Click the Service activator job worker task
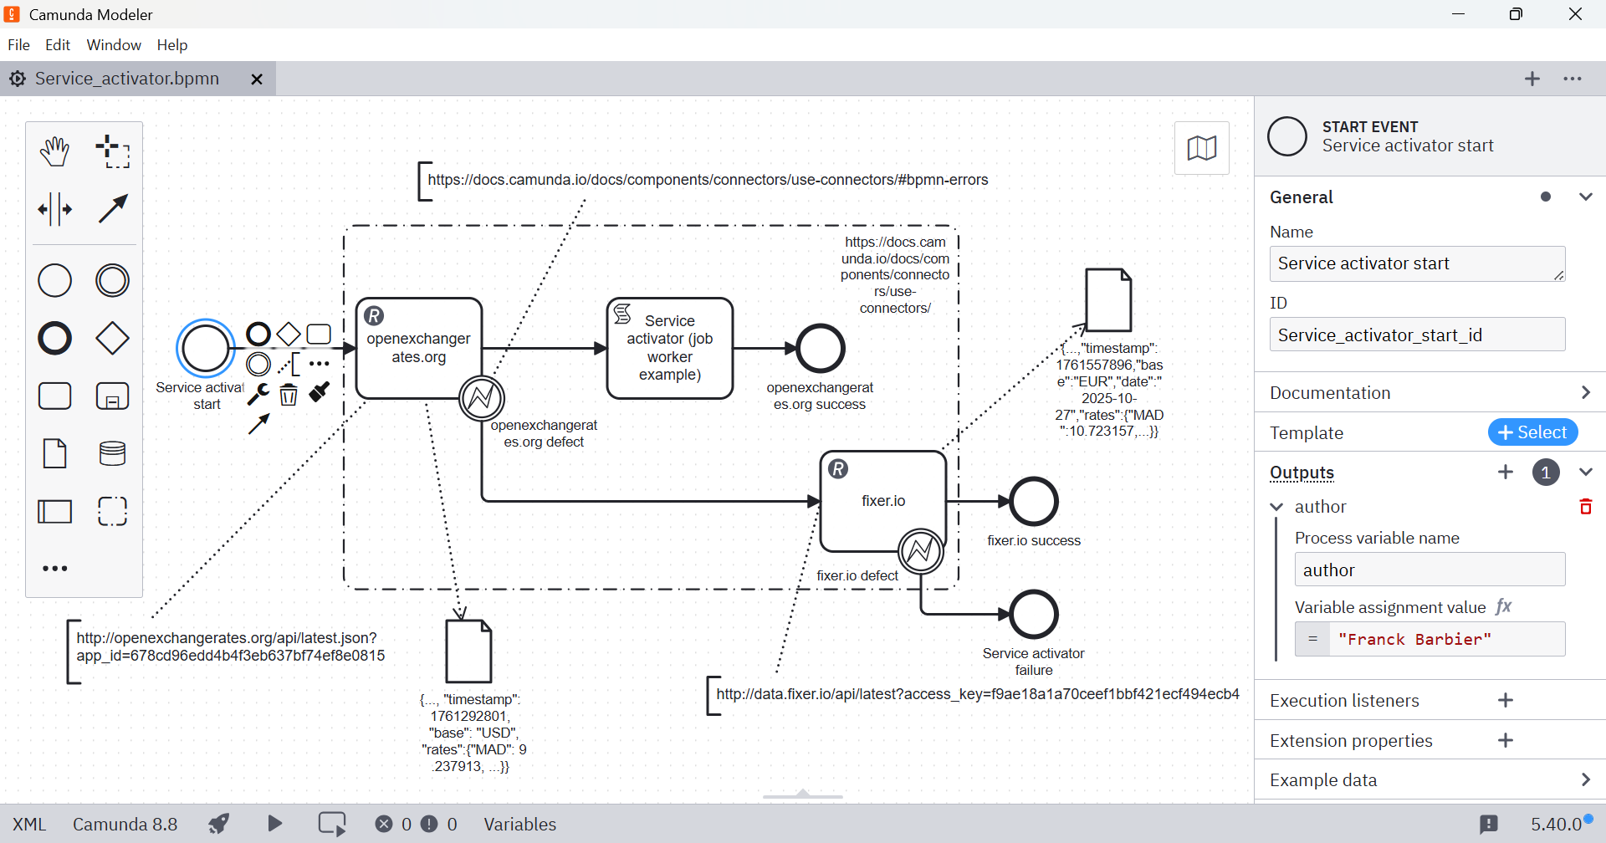point(670,348)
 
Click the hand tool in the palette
point(55,151)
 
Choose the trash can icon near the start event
point(289,394)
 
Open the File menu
point(18,45)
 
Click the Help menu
point(172,45)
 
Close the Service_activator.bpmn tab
point(257,79)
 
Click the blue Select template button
point(1532,432)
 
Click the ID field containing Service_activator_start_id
point(1417,335)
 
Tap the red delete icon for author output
point(1585,507)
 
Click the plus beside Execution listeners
point(1506,701)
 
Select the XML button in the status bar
point(29,825)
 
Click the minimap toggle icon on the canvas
point(1202,148)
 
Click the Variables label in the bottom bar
point(519,825)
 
